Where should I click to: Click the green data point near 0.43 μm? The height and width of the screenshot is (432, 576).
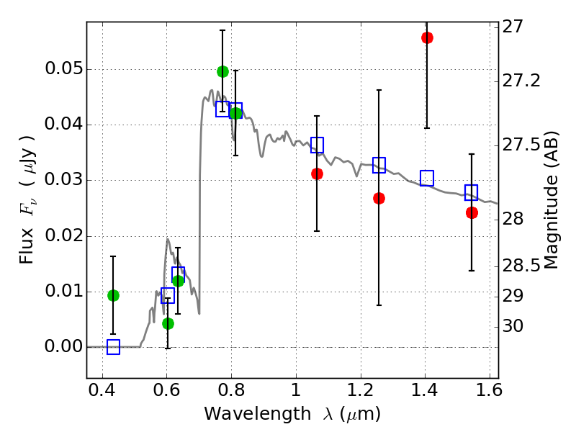[113, 295]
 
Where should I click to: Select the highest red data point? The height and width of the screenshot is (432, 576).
[427, 37]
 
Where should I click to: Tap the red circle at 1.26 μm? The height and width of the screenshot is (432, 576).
[379, 198]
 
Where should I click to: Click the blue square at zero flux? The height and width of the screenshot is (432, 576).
[113, 347]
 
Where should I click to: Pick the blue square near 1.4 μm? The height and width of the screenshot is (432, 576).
[427, 178]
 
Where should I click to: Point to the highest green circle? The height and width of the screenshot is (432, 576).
[222, 71]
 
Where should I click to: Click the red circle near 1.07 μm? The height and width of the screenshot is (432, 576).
[317, 174]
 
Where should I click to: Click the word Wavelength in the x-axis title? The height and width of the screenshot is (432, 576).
[247, 414]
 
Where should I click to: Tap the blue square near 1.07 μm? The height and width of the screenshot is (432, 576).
[317, 145]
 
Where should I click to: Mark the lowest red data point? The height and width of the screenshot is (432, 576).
[472, 212]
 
